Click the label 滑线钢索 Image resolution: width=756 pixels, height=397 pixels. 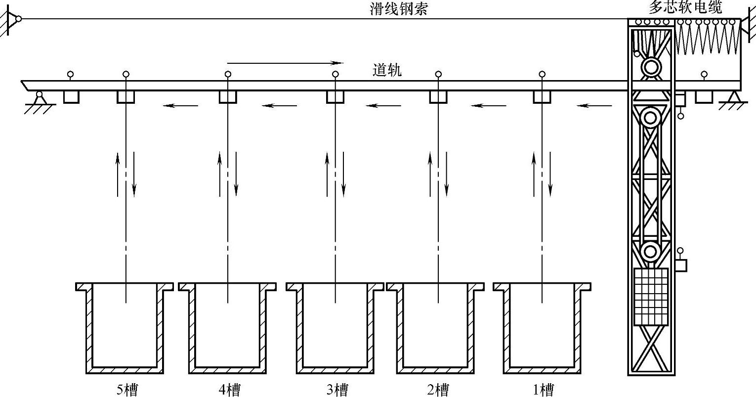point(398,9)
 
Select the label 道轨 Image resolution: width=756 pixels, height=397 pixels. point(387,71)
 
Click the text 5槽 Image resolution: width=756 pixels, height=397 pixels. point(127,390)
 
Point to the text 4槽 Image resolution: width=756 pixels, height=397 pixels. point(229,390)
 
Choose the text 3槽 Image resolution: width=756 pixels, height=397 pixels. point(337,390)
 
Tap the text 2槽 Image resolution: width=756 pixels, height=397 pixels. point(438,390)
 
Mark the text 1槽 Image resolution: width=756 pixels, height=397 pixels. point(543,390)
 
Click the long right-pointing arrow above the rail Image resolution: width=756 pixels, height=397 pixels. point(285,63)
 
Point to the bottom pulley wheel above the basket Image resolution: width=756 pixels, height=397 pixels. point(650,252)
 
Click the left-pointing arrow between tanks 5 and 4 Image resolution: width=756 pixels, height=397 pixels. point(181,105)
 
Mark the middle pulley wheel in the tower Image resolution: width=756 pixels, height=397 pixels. point(650,118)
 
